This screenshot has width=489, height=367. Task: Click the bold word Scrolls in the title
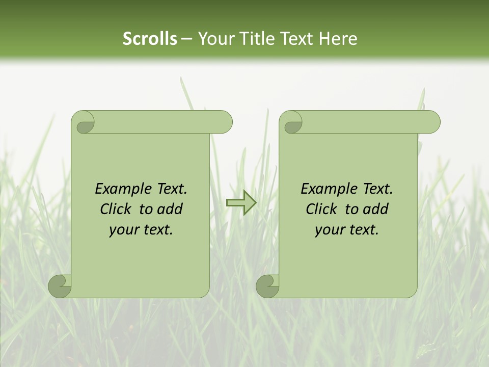tap(150, 39)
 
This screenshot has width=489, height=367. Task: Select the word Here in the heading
tap(338, 39)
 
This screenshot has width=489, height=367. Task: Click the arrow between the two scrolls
tap(241, 203)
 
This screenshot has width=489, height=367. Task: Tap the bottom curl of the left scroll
tap(60, 285)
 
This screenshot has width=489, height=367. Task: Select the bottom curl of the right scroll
tap(267, 285)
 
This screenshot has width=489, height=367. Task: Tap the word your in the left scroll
tap(123, 230)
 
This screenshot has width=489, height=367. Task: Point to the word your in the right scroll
tap(329, 230)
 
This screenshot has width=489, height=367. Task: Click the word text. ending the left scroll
tap(157, 230)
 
